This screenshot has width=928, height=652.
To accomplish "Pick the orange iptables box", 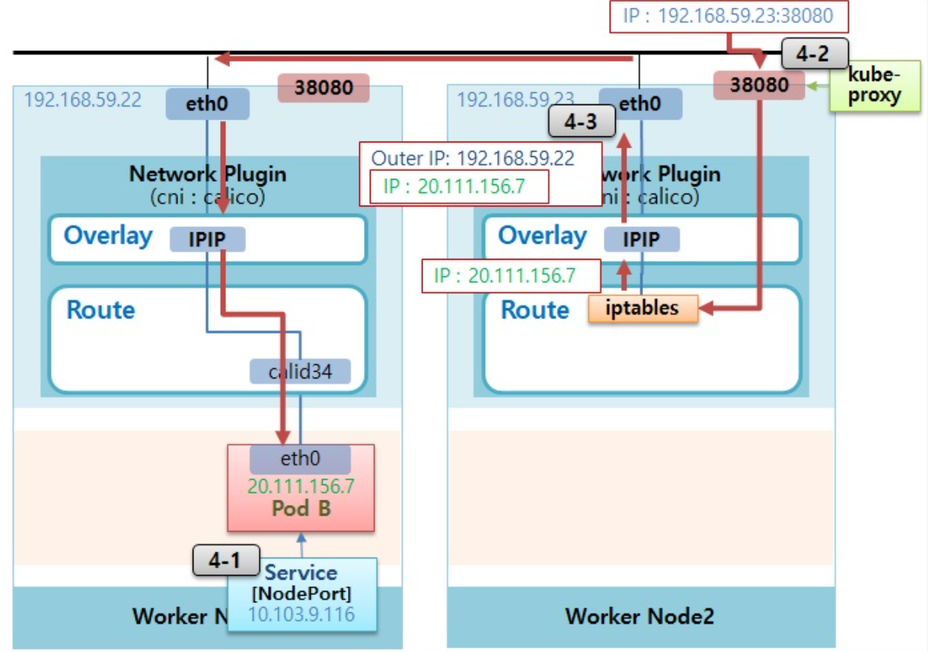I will pyautogui.click(x=643, y=308).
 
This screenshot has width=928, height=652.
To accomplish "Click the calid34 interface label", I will pyautogui.click(x=300, y=372).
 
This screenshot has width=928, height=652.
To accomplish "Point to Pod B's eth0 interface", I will pyautogui.click(x=300, y=460).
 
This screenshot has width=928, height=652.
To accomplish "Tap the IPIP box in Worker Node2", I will pyautogui.click(x=642, y=239).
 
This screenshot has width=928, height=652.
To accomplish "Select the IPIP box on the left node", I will pyautogui.click(x=207, y=239).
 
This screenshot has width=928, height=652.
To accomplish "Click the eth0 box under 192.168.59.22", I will pyautogui.click(x=208, y=104).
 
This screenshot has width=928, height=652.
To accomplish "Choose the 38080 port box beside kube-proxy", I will pyautogui.click(x=759, y=85).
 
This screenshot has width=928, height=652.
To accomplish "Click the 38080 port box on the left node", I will pyautogui.click(x=323, y=88).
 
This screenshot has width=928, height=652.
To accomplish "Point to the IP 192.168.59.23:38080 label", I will pyautogui.click(x=728, y=16).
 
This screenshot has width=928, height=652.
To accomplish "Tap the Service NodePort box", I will pyautogui.click(x=301, y=583).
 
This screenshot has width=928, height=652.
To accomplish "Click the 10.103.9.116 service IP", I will pyautogui.click(x=301, y=614).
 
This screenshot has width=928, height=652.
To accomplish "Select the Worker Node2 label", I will pyautogui.click(x=639, y=615).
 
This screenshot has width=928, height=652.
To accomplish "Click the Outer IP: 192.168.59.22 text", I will pyautogui.click(x=473, y=158).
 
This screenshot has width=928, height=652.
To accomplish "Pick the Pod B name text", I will pyautogui.click(x=301, y=508).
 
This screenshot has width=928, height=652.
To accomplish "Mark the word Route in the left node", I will pyautogui.click(x=100, y=310).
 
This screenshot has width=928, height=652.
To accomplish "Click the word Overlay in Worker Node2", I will pyautogui.click(x=542, y=236).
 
